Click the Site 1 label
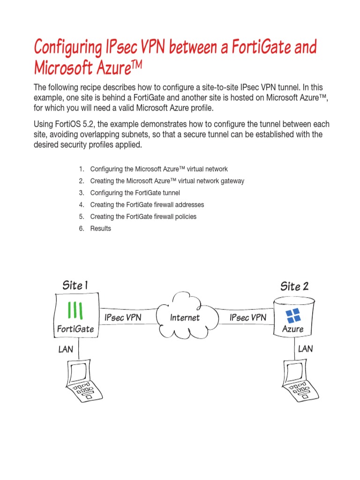coord(75,285)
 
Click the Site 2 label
coord(294,285)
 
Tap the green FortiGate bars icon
coord(75,310)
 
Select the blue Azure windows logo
coord(293,316)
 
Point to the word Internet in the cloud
coord(185,317)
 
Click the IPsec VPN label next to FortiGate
coord(123,317)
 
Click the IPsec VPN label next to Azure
coord(248,317)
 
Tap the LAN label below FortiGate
coord(66,349)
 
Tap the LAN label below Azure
coord(305,349)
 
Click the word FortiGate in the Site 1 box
coord(75,329)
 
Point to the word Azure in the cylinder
coord(292,329)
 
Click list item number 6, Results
coord(100,228)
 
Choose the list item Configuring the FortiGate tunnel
coord(135,193)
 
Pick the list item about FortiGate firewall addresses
coord(147,204)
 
